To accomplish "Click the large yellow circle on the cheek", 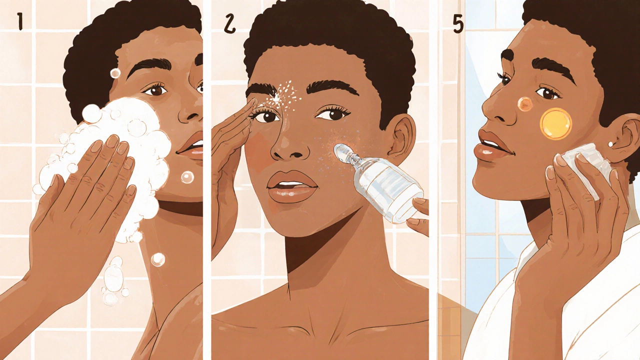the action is (x=555, y=124).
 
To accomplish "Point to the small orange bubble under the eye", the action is (x=525, y=104).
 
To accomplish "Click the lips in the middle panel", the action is (x=292, y=187).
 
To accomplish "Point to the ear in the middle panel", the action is (x=403, y=139).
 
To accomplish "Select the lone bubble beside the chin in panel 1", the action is (x=187, y=177).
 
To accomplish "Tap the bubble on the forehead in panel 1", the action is (x=115, y=73).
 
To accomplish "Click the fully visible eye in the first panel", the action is (x=155, y=90).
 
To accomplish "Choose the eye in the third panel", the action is (x=547, y=92).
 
